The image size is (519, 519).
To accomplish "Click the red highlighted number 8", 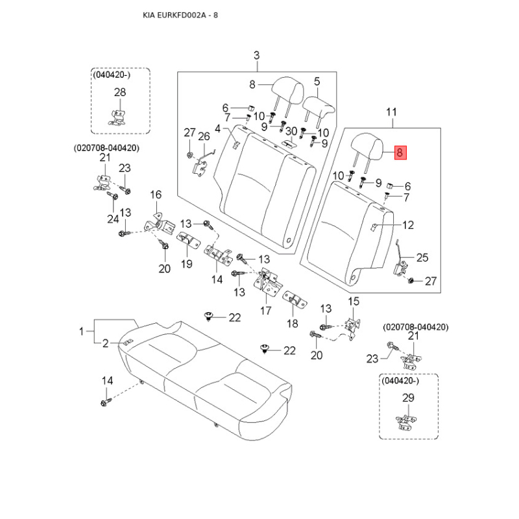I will [400, 153].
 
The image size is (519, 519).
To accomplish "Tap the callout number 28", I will [120, 93].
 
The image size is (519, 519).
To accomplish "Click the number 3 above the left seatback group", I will [256, 54].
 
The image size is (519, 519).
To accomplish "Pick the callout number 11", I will [391, 113].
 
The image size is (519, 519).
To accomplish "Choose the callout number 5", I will [317, 82].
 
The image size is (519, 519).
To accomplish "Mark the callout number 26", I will [204, 136].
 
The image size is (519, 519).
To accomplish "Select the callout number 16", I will [156, 195].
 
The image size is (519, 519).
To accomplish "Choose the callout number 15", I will [354, 301].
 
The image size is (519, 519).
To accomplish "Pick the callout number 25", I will [422, 258].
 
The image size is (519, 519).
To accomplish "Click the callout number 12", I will [407, 226].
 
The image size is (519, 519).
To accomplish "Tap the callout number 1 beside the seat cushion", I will [82, 332].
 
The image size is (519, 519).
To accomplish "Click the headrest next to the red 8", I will [368, 144].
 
